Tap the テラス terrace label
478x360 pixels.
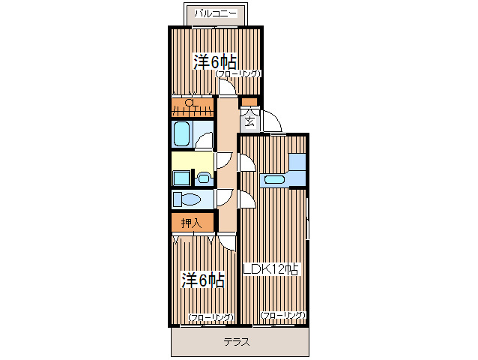coord(236,343)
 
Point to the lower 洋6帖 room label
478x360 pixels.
coord(203,280)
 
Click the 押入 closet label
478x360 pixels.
coord(191,223)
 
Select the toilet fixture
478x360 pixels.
coord(187,199)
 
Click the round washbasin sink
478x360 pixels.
coord(204,178)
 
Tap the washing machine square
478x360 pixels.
coord(181,178)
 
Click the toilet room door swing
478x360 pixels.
coord(223,197)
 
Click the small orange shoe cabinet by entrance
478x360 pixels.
coord(249,102)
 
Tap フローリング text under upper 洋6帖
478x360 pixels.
coord(238,74)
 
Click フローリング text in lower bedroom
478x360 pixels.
coord(211,318)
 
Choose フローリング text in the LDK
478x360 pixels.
coord(282,316)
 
